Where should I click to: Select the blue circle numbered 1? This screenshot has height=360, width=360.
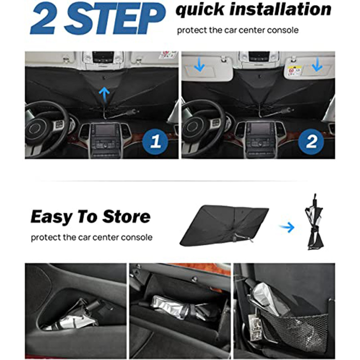click(155, 143)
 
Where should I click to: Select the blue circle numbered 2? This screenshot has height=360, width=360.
click(311, 143)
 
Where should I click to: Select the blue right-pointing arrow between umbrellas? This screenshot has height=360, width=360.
click(286, 227)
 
